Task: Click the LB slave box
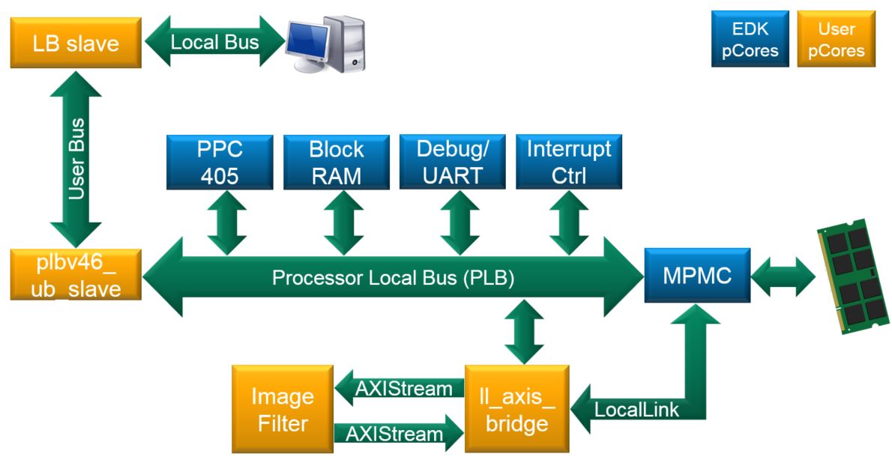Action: click(76, 43)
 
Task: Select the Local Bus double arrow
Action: click(214, 41)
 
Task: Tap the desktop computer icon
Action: click(326, 44)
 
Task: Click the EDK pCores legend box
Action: click(750, 39)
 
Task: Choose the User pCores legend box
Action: click(837, 39)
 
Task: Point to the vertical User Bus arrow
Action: click(76, 159)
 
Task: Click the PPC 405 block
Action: click(220, 162)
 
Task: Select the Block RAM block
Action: click(337, 162)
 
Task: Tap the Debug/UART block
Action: click(452, 162)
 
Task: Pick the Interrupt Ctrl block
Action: click(569, 162)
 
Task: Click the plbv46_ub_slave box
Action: click(76, 275)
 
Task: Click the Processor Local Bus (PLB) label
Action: click(393, 277)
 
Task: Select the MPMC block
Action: click(697, 275)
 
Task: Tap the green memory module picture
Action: click(853, 276)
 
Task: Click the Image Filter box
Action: click(283, 409)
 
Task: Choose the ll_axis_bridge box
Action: click(517, 409)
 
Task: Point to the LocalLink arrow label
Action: click(636, 410)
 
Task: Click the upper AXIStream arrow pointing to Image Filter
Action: click(400, 389)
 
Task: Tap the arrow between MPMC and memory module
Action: click(783, 277)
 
